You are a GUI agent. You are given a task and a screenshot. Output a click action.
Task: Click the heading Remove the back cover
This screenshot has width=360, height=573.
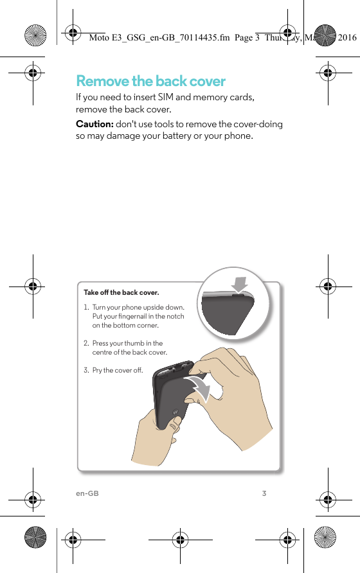(150, 82)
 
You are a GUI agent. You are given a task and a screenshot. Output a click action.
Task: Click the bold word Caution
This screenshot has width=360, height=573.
(94, 124)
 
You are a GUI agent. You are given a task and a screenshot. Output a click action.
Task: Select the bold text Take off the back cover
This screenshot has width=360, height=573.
(121, 293)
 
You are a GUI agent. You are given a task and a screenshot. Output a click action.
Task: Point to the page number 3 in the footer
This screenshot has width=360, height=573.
(264, 493)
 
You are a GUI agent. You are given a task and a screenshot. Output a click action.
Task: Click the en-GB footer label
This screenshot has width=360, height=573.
(87, 493)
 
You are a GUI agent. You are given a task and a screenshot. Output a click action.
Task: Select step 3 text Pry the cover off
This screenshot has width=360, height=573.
(117, 370)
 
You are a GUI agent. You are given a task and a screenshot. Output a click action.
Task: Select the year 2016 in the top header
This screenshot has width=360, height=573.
(347, 38)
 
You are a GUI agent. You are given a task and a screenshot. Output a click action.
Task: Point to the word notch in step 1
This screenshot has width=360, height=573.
(175, 316)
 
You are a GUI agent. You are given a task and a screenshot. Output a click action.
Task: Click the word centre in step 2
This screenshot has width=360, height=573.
(102, 352)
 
